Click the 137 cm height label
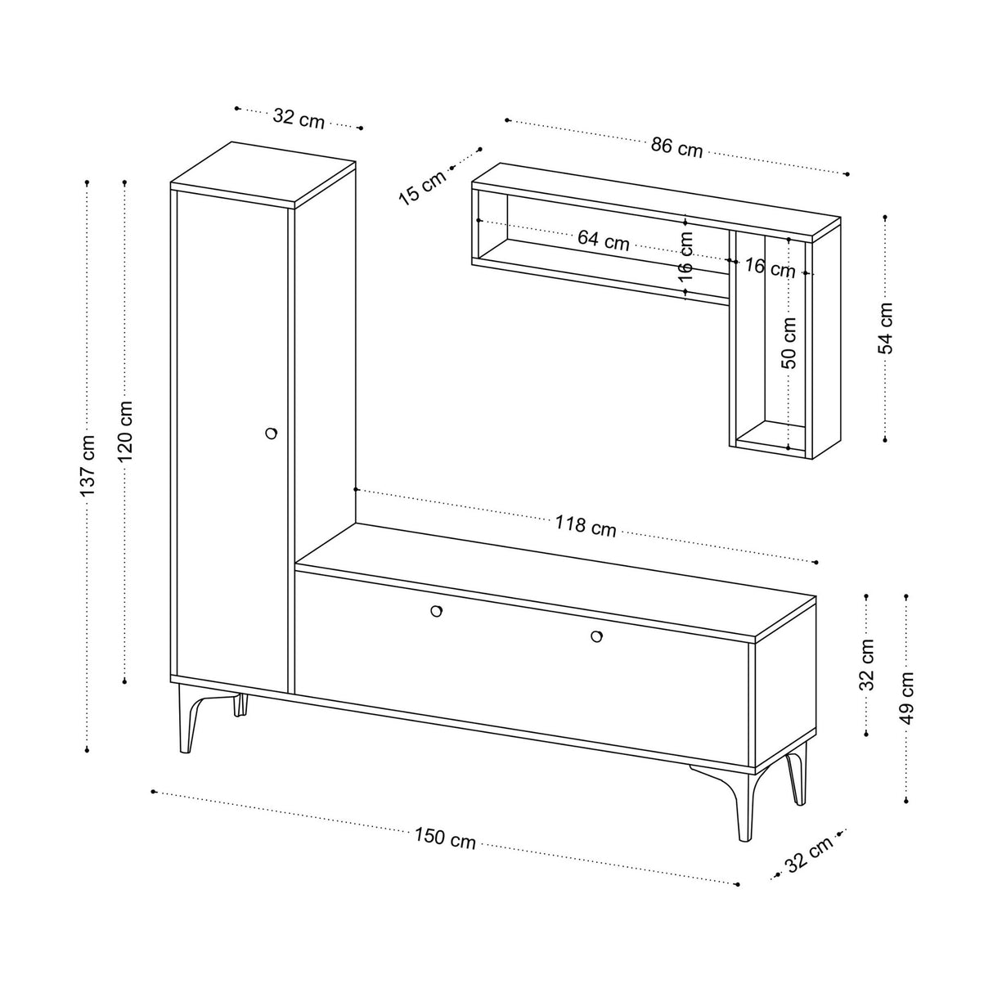[88, 465]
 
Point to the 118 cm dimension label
[586, 526]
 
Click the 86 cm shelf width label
[676, 147]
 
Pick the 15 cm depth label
[423, 187]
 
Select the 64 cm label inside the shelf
[604, 240]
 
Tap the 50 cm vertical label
[789, 343]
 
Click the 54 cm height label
[885, 328]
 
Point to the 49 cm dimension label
[906, 698]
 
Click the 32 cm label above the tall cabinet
[299, 119]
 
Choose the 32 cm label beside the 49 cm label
[867, 664]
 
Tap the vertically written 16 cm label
[685, 257]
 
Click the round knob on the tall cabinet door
[271, 433]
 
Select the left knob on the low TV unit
[436, 611]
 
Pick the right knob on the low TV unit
[596, 637]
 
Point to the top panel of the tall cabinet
[263, 174]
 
